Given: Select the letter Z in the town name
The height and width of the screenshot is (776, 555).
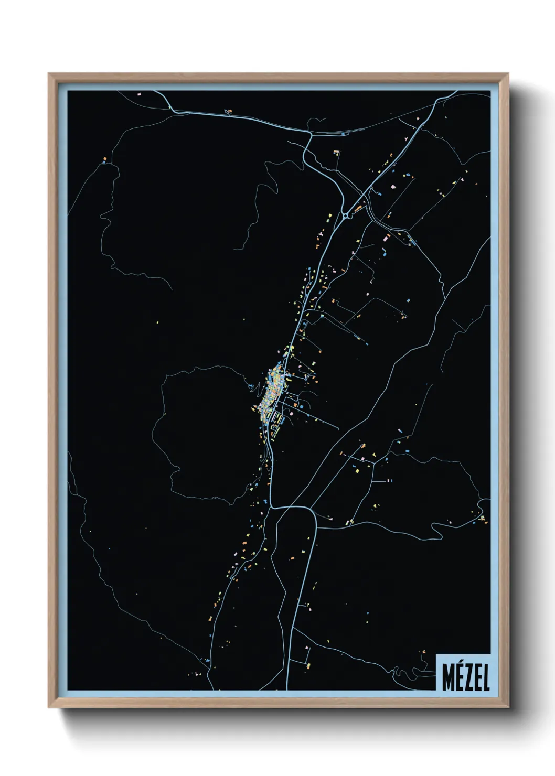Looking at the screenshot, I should (467, 679).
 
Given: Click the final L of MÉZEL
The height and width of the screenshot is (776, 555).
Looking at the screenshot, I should (485, 679).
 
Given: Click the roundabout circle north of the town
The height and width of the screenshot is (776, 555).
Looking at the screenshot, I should (347, 214).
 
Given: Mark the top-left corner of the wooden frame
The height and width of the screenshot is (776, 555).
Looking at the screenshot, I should (49, 74).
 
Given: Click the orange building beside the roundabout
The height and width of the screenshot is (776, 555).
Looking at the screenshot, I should (358, 209).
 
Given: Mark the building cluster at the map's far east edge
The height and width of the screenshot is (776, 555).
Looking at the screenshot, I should (482, 518).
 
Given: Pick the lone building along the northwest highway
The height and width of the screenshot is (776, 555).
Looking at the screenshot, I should (228, 111).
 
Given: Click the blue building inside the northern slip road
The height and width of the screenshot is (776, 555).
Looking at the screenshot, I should (343, 134).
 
